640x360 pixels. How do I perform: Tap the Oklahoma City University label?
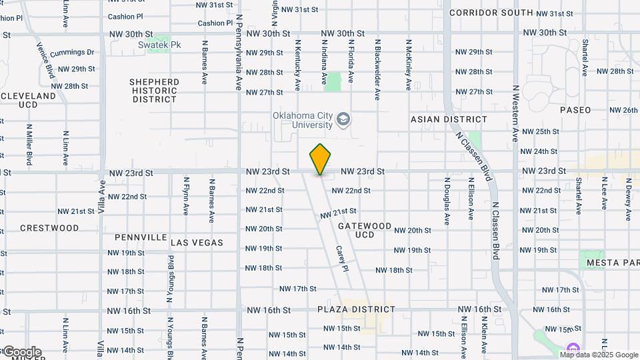pyautogui.click(x=303, y=120)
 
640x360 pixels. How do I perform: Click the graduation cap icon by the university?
pyautogui.click(x=343, y=120)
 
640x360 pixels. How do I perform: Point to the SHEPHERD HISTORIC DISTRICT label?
pyautogui.click(x=154, y=91)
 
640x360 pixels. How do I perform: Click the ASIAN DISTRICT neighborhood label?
pyautogui.click(x=449, y=119)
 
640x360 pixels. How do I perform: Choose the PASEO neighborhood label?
pyautogui.click(x=575, y=110)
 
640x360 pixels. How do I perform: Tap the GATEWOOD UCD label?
pyautogui.click(x=365, y=230)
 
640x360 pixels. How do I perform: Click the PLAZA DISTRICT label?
pyautogui.click(x=356, y=309)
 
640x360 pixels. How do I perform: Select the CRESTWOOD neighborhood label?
pyautogui.click(x=49, y=228)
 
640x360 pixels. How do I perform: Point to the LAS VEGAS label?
pyautogui.click(x=197, y=243)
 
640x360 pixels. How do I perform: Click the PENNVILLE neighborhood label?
pyautogui.click(x=141, y=237)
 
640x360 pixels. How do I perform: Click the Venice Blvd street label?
pyautogui.click(x=45, y=61)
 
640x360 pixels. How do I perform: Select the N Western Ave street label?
pyautogui.click(x=515, y=113)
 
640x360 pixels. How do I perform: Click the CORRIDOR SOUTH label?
pyautogui.click(x=491, y=13)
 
